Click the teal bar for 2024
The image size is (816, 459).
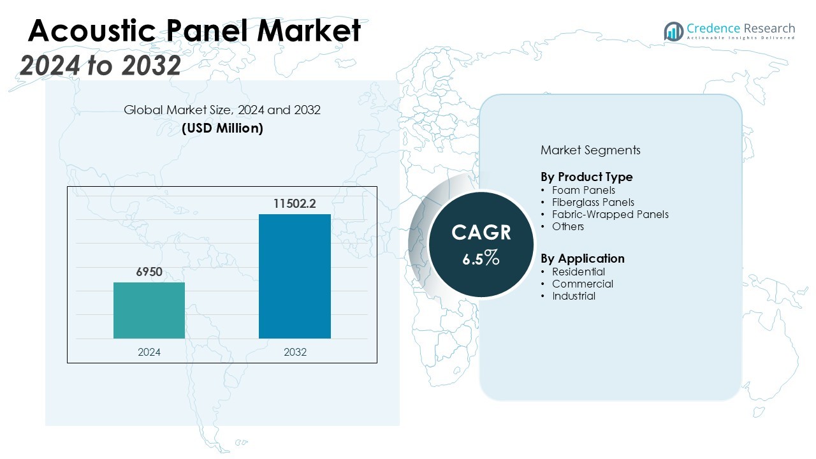click(x=149, y=310)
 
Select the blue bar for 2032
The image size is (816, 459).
click(x=295, y=276)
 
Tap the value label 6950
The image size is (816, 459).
click(x=149, y=272)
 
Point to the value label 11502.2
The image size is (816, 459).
click(x=295, y=204)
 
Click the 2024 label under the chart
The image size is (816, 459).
click(x=149, y=352)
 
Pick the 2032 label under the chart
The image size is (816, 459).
click(x=295, y=352)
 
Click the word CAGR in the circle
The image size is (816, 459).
click(x=481, y=233)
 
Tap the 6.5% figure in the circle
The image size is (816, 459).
click(x=481, y=258)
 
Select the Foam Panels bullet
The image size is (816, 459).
click(x=583, y=190)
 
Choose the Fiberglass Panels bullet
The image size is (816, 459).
click(x=593, y=202)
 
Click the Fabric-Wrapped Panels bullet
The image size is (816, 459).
click(x=610, y=214)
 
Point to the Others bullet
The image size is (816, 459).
click(x=567, y=226)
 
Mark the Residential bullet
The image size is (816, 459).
click(x=578, y=272)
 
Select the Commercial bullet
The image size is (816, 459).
click(x=582, y=284)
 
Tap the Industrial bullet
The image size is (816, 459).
click(x=574, y=296)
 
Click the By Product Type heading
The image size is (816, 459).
click(x=586, y=177)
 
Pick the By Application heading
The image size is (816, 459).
click(x=582, y=258)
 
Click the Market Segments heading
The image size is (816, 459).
click(x=590, y=150)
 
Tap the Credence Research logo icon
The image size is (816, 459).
click(x=673, y=31)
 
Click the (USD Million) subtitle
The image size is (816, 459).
click(x=222, y=128)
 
